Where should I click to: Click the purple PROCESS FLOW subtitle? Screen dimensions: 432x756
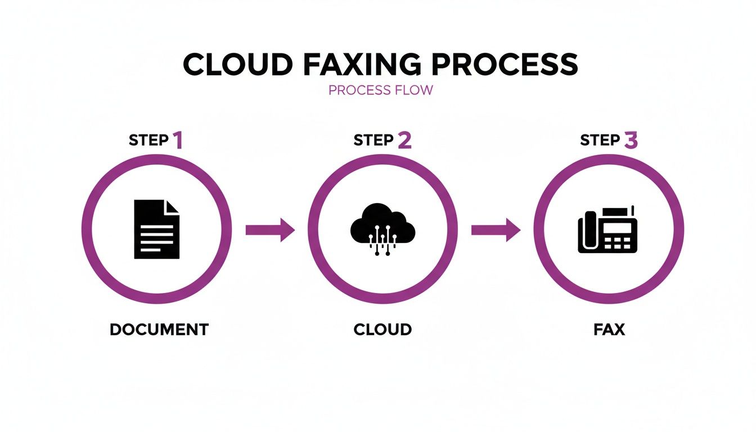pyautogui.click(x=381, y=90)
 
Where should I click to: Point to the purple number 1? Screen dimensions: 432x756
pyautogui.click(x=178, y=140)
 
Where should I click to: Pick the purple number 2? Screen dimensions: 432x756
pyautogui.click(x=404, y=140)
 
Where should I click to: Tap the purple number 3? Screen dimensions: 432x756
pyautogui.click(x=631, y=140)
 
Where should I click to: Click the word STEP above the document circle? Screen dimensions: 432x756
pyautogui.click(x=148, y=141)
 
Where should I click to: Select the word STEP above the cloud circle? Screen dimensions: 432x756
pyautogui.click(x=373, y=141)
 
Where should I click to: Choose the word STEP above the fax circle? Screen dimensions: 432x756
pyautogui.click(x=600, y=141)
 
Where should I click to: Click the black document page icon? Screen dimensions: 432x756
pyautogui.click(x=156, y=229)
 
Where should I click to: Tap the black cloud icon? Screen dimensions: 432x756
pyautogui.click(x=382, y=225)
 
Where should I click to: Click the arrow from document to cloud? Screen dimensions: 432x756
pyautogui.click(x=270, y=229)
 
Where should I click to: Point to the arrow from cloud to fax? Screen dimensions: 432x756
pyautogui.click(x=496, y=229)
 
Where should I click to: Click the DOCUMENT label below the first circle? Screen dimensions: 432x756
pyautogui.click(x=159, y=330)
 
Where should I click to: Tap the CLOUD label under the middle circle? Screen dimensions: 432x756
pyautogui.click(x=382, y=330)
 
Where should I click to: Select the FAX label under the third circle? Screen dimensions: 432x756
pyautogui.click(x=609, y=330)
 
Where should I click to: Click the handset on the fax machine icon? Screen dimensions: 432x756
pyautogui.click(x=588, y=231)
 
